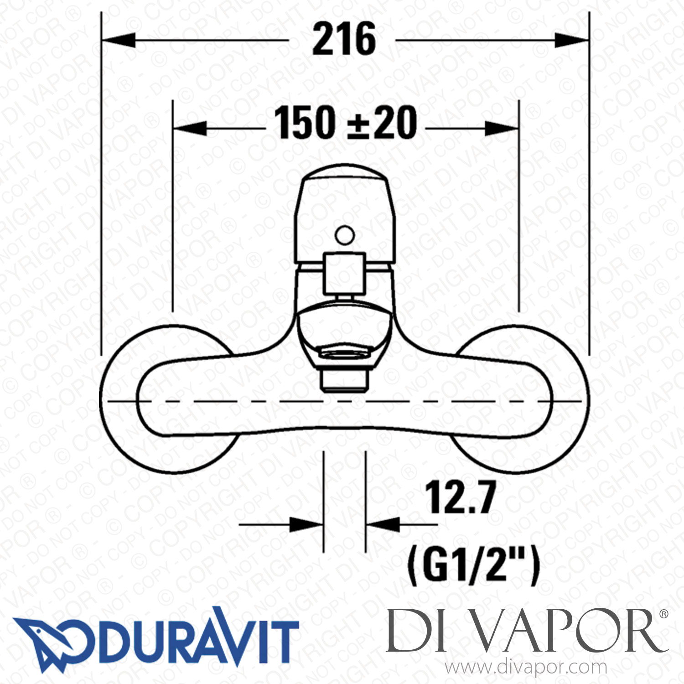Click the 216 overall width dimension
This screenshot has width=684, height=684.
[344, 40]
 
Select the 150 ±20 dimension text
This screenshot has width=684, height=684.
[345, 123]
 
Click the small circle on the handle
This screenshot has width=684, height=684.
[344, 235]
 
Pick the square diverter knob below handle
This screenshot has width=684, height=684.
[344, 274]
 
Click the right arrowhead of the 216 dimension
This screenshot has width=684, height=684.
[572, 40]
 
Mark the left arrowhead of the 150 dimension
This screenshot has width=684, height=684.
[190, 129]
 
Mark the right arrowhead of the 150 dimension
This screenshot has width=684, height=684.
[502, 129]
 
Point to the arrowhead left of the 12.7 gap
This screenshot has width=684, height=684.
[307, 524]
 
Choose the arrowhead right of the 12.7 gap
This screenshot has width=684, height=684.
[382, 524]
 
